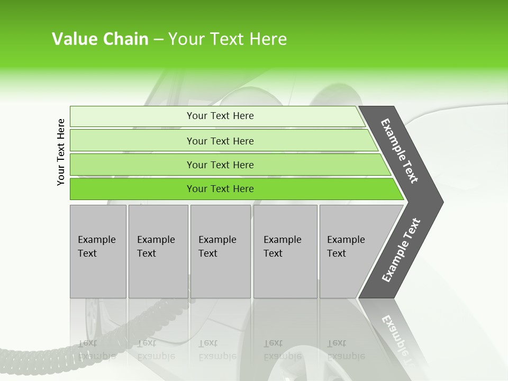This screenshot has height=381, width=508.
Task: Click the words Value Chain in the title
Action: (x=100, y=39)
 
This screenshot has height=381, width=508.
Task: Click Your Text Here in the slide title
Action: (x=228, y=39)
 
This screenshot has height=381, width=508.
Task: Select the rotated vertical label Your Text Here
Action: (x=61, y=152)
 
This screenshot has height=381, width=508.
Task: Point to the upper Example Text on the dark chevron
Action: (x=400, y=151)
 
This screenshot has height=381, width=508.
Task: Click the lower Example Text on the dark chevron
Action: (x=401, y=250)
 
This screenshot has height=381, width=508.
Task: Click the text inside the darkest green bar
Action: (x=220, y=189)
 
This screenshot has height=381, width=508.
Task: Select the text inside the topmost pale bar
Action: (x=220, y=116)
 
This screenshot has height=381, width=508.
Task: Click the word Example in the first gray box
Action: (x=96, y=240)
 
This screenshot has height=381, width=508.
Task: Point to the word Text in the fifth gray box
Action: (x=336, y=253)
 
